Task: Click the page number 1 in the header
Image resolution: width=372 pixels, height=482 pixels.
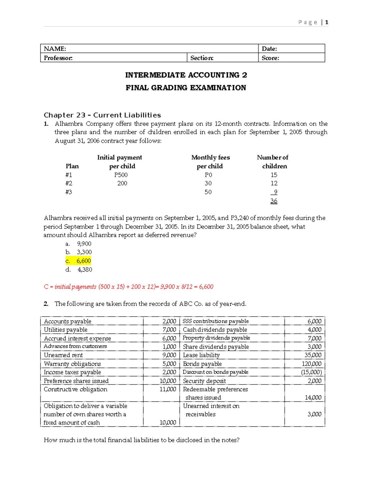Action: click(327, 22)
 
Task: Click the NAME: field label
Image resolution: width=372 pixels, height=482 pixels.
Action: click(55, 49)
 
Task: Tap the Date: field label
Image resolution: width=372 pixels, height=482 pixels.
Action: click(269, 49)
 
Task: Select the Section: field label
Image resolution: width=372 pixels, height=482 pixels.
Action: click(202, 58)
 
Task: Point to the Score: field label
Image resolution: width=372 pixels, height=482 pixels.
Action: click(270, 58)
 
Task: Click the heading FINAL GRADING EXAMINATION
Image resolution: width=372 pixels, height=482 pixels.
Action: click(186, 88)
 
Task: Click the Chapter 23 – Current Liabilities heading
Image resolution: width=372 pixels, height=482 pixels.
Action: click(102, 115)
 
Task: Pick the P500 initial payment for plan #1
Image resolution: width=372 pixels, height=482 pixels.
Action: click(121, 175)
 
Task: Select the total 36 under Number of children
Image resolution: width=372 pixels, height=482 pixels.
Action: click(274, 201)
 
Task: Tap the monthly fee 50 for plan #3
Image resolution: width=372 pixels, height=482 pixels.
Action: click(208, 192)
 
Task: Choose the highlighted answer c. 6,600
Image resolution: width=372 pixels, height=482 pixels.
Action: click(78, 261)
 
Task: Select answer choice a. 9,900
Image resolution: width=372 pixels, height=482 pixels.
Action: click(78, 244)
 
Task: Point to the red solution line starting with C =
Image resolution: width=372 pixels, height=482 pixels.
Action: click(128, 287)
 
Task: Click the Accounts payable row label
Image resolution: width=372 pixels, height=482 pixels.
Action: click(68, 322)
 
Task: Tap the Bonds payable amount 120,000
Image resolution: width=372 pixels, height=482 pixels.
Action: click(312, 364)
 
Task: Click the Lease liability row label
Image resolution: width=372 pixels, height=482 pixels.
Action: click(201, 355)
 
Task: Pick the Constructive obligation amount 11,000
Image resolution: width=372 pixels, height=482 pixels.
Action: click(168, 389)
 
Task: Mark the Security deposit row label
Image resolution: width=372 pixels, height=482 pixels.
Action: click(204, 381)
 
